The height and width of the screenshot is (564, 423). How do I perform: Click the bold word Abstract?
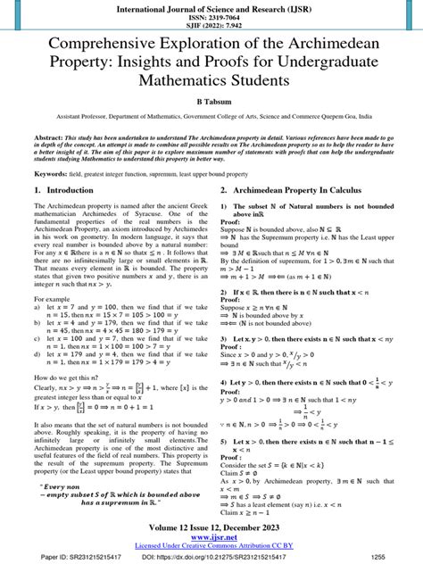coord(48,140)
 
